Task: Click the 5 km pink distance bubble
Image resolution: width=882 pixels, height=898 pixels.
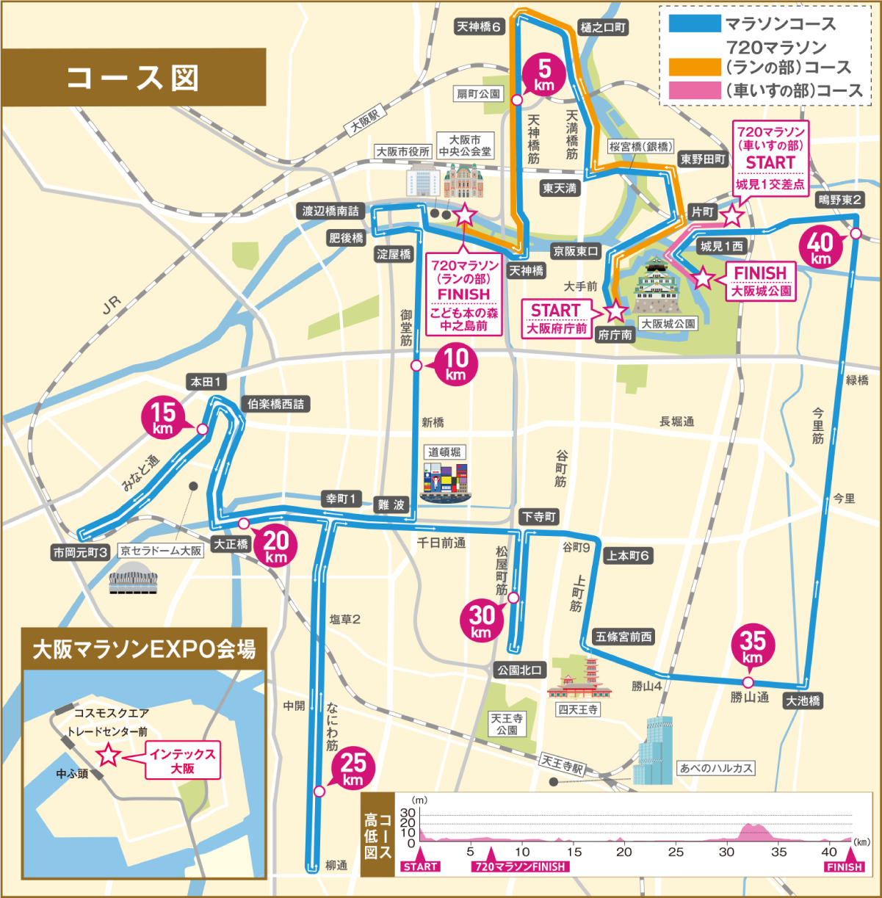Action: [544, 75]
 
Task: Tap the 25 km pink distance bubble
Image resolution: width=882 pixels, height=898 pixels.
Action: [353, 768]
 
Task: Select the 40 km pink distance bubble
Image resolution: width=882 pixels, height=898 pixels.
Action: [820, 247]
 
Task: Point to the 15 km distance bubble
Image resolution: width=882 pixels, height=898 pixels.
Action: [163, 417]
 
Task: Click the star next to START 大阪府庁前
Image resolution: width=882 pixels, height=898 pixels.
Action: [615, 311]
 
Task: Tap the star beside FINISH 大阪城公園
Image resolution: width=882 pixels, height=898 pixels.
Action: [703, 278]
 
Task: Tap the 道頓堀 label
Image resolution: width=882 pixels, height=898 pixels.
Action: [444, 452]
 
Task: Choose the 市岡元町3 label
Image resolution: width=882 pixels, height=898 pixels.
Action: [81, 552]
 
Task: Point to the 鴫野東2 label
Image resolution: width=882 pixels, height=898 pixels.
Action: [840, 200]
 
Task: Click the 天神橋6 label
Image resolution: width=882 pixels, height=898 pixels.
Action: [479, 27]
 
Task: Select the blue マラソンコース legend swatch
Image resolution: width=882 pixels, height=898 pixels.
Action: [694, 23]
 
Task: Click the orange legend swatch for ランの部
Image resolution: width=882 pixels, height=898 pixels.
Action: [694, 67]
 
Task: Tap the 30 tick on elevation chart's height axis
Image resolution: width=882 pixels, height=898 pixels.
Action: [407, 813]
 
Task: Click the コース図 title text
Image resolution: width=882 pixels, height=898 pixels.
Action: [133, 78]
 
